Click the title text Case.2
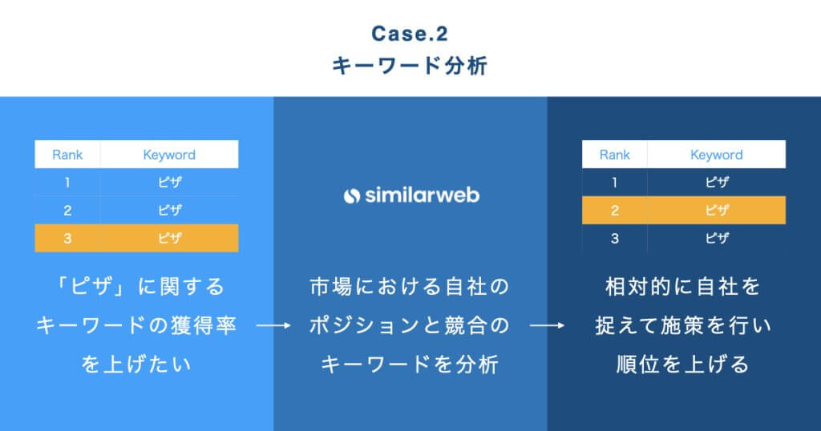pos(409,34)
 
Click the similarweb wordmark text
pos(422,195)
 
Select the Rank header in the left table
pos(67,155)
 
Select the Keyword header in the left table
pos(169,155)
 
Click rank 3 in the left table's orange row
pos(67,238)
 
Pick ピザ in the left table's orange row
pos(169,238)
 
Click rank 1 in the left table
pos(67,183)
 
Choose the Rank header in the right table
pos(615,155)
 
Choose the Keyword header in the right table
pos(717,155)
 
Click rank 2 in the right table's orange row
pos(615,210)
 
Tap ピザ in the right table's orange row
pos(717,210)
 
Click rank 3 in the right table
pos(615,238)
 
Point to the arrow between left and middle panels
pos(273,326)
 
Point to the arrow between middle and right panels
pos(548,326)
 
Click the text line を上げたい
pos(136,365)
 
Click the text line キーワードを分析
pos(410,365)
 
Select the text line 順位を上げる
pos(683,365)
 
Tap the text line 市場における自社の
pos(410,286)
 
